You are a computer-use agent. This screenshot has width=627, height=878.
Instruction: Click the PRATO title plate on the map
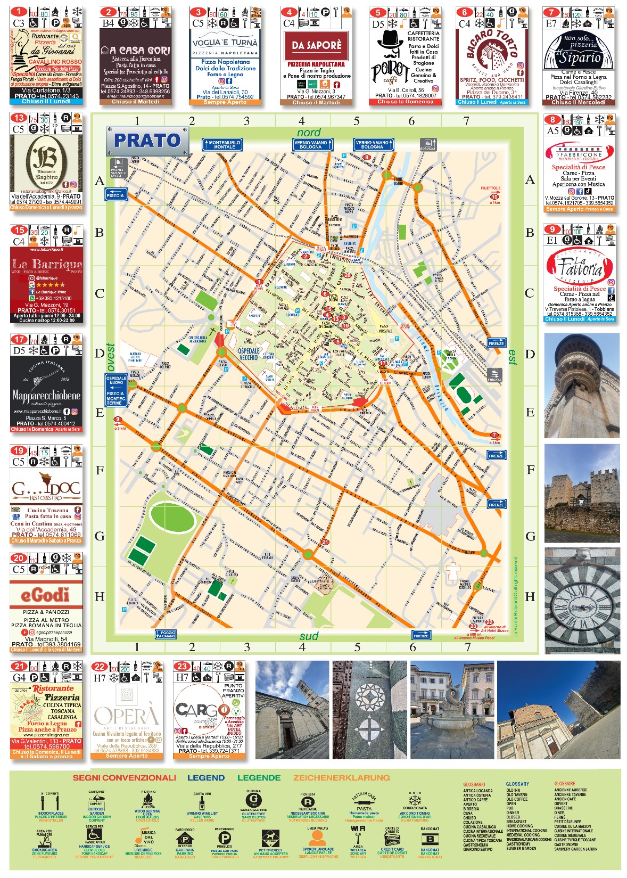click(x=147, y=141)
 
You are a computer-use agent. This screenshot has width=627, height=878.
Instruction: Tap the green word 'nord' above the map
click(x=309, y=133)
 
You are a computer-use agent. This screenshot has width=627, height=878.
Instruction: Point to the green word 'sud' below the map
click(x=309, y=636)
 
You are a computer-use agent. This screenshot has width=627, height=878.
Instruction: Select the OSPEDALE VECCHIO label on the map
click(x=249, y=354)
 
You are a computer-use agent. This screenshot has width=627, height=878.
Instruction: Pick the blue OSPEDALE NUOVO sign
click(x=116, y=381)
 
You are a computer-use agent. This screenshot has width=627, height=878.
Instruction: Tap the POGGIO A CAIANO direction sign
click(x=166, y=634)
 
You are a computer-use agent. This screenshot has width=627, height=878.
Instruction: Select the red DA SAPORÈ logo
click(x=316, y=46)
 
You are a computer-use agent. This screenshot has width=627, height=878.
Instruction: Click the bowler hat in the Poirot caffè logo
click(x=390, y=39)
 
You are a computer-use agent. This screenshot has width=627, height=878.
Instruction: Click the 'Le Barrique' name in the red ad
click(x=46, y=264)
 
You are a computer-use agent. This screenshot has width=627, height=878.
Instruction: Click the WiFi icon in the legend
click(x=358, y=828)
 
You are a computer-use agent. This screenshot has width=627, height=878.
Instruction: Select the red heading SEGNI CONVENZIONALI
click(x=124, y=777)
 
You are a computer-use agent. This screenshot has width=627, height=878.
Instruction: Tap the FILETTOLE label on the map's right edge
click(x=490, y=188)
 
